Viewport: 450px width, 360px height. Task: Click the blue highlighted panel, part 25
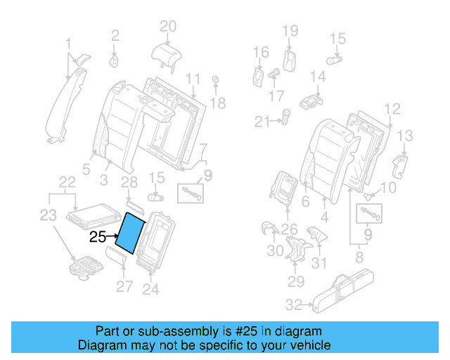(131, 233)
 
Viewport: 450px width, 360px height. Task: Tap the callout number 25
(98, 237)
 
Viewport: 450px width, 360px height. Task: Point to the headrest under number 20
(167, 51)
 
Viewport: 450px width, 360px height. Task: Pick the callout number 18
(218, 103)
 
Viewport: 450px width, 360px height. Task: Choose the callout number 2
(115, 34)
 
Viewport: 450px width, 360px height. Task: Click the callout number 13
(406, 136)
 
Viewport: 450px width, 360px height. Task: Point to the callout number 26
(290, 229)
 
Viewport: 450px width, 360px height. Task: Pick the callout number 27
(124, 285)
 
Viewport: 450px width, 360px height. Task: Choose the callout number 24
(150, 288)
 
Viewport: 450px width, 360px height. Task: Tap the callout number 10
(388, 188)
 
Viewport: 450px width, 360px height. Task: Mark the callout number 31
(320, 264)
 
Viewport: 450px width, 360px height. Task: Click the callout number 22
(67, 183)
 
